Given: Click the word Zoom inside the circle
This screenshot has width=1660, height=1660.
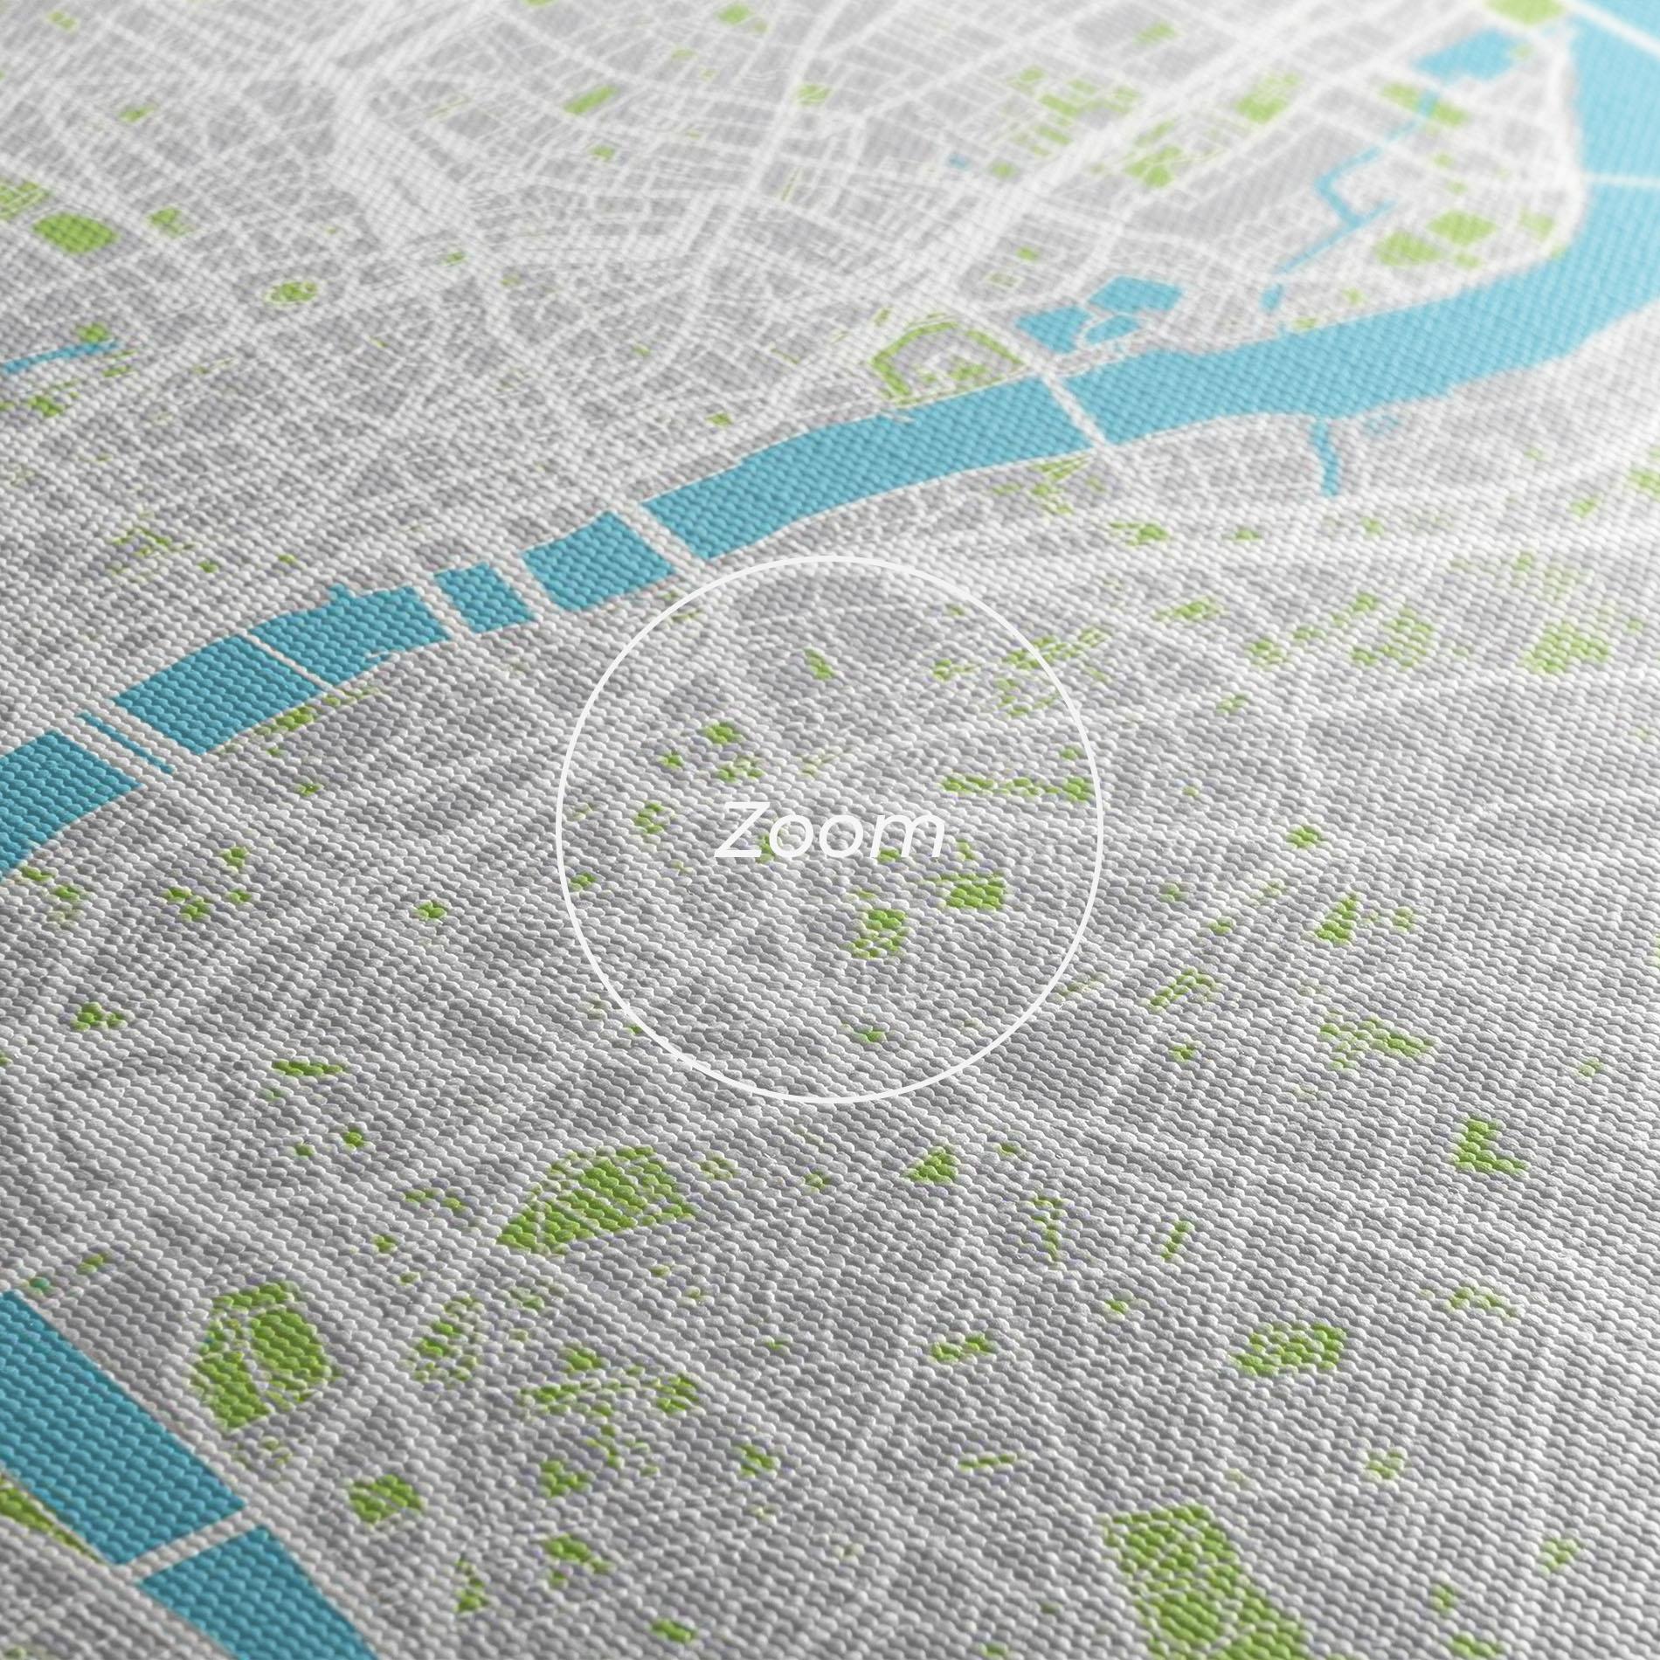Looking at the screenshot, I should [828, 834].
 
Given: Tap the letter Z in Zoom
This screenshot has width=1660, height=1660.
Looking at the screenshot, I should [743, 836].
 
